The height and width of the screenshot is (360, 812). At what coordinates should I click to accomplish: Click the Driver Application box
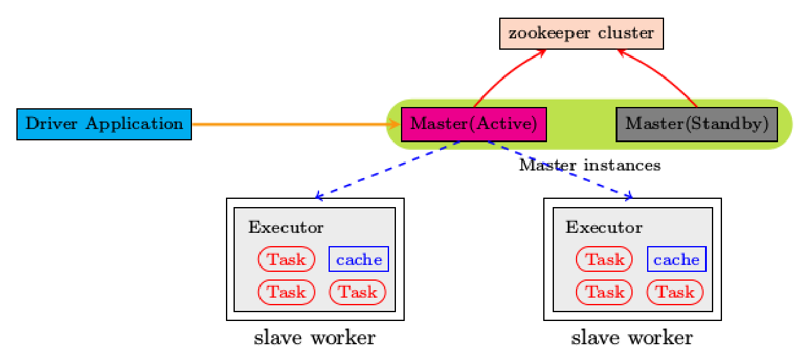104,124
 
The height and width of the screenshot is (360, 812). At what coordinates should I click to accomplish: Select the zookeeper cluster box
582,33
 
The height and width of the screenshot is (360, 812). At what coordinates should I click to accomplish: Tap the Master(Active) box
473,124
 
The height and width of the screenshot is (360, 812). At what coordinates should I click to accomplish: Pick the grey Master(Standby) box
697,124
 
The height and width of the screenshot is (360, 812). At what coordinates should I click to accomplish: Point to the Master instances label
590,166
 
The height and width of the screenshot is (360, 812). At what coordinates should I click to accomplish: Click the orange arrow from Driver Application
290,124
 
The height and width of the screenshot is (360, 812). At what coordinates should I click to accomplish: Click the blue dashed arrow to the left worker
387,169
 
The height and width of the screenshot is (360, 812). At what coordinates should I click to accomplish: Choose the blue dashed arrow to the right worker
560,169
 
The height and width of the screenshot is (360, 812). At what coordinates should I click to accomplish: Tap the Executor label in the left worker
286,227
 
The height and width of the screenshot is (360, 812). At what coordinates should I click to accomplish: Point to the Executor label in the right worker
604,227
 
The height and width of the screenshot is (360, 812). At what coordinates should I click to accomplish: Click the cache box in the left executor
359,259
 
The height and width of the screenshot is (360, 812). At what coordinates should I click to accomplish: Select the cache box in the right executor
677,259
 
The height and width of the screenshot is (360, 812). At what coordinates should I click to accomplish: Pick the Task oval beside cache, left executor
286,259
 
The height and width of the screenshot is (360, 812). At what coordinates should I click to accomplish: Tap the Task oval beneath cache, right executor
675,292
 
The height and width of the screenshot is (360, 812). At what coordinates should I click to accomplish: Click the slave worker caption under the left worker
314,338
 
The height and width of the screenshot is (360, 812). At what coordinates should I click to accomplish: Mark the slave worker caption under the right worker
632,338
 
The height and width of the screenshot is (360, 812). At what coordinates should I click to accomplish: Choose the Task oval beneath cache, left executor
358,292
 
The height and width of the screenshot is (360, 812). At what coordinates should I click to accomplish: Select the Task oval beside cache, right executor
604,259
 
